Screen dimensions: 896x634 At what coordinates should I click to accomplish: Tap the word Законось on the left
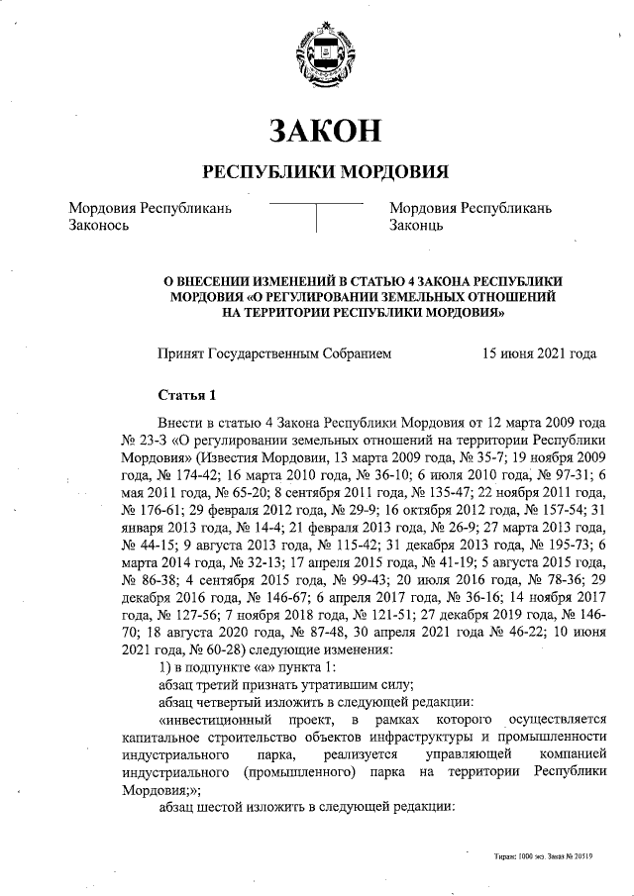click(99, 226)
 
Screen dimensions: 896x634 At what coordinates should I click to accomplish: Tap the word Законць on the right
click(423, 226)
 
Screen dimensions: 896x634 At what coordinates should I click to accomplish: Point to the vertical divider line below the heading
click(316, 217)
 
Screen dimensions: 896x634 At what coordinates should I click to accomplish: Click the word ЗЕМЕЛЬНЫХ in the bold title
click(423, 296)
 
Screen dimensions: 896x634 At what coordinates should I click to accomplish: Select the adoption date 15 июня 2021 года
click(539, 351)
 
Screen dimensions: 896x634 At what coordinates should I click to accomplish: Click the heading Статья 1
click(186, 397)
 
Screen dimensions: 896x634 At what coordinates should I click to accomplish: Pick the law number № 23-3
click(145, 440)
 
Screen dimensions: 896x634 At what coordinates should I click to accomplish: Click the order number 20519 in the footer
click(581, 857)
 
